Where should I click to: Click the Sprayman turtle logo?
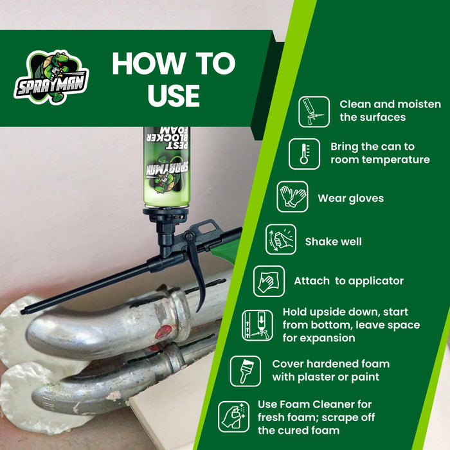(51, 77)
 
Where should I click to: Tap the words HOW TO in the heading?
(174, 64)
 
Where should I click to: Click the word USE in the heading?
(174, 94)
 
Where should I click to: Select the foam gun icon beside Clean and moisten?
(314, 111)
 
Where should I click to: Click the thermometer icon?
(304, 154)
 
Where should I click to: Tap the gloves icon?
(292, 197)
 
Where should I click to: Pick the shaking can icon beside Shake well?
(281, 240)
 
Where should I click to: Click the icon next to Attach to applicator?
(269, 281)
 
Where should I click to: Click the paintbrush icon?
(246, 371)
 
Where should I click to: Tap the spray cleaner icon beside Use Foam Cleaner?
(233, 416)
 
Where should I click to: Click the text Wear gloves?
(350, 198)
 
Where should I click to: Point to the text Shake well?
(333, 242)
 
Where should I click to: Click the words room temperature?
(380, 160)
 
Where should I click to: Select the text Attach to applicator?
(348, 281)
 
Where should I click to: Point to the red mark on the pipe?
(165, 332)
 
